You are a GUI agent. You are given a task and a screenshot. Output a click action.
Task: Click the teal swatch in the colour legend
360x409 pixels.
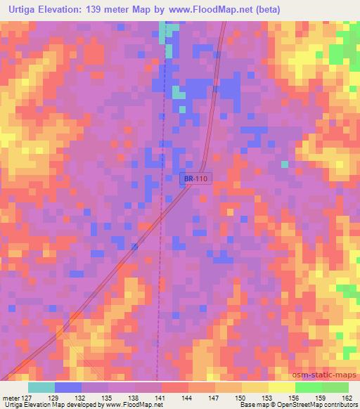[41, 387]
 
